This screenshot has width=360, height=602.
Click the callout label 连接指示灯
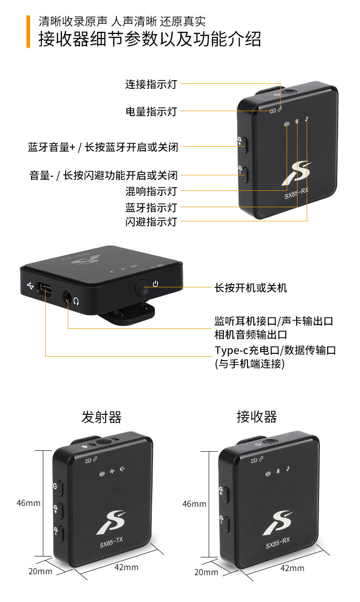pos(151,84)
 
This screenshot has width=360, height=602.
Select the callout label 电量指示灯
pos(151,111)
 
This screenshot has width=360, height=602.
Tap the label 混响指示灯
pos(151,191)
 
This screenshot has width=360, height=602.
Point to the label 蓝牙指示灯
pos(151,208)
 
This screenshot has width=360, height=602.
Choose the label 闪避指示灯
pos(151,222)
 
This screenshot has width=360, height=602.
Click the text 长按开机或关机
pos(251,288)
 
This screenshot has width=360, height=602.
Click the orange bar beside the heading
pos(28,31)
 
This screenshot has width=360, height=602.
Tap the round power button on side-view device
pos(143,287)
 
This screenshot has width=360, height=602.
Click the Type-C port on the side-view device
pos(46,287)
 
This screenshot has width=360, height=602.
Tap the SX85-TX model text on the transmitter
pos(112,540)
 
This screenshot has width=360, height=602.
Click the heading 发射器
pos(101,417)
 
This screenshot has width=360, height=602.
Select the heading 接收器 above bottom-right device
pos(257,417)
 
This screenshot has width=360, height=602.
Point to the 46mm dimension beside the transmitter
pos(28,503)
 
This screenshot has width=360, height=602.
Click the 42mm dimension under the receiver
pos(292,568)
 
